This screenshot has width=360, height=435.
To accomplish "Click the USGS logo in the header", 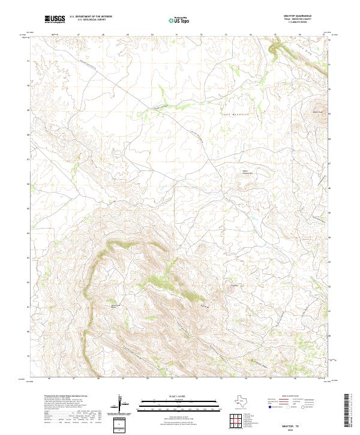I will pyautogui.click(x=55, y=19).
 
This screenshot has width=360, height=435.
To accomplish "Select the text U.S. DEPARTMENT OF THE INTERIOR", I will pyautogui.click(x=91, y=17).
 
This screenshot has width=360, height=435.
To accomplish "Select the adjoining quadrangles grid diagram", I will pyautogui.click(x=238, y=421).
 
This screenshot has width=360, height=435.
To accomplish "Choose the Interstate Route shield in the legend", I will pyautogui.click(x=269, y=407).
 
